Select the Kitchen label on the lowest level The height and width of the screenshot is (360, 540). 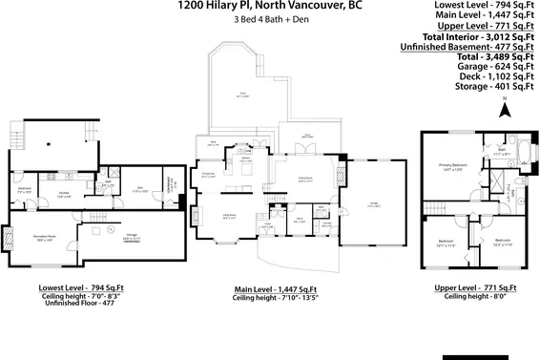pos(63,194)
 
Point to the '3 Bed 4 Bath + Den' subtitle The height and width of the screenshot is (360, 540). pos(270,21)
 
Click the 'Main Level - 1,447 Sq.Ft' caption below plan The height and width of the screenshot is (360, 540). pos(270,287)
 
